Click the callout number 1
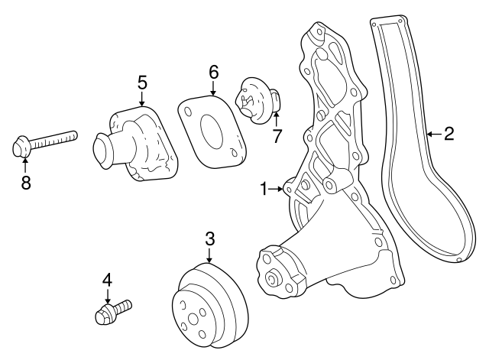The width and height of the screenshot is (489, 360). click(264, 188)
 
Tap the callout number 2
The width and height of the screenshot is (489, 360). click(449, 135)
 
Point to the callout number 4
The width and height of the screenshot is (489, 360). click(107, 281)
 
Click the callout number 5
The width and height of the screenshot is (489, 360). click(141, 82)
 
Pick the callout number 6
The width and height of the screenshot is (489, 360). click(214, 72)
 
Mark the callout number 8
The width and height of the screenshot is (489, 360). click(25, 184)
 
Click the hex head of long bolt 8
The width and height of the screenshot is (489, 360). click(23, 146)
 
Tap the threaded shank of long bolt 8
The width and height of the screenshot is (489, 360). click(57, 139)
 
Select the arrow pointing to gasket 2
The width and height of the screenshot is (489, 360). click(432, 135)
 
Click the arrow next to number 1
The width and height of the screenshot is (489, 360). click(277, 188)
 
